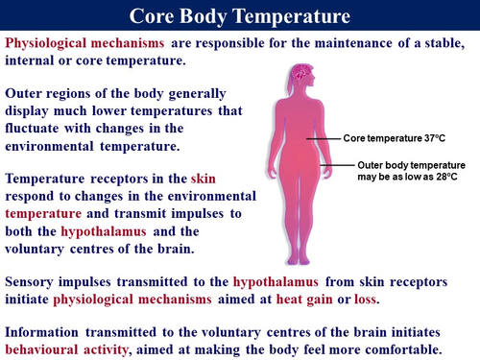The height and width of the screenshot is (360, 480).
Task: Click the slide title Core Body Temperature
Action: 240,16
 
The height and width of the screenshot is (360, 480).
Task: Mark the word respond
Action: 34,198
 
